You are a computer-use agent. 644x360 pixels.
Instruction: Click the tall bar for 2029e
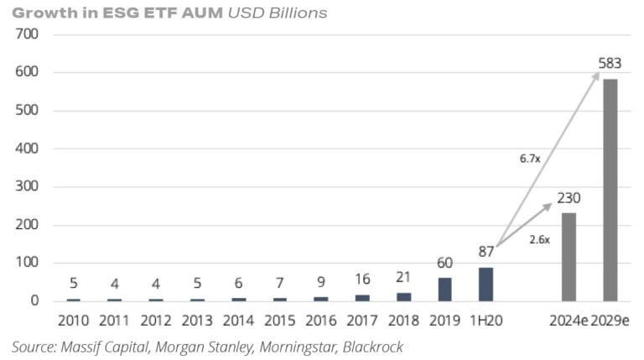click(x=610, y=190)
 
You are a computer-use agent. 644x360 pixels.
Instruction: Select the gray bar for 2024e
click(x=569, y=256)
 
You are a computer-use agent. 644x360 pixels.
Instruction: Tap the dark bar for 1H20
click(x=486, y=284)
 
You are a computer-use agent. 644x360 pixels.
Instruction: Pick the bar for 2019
click(x=445, y=289)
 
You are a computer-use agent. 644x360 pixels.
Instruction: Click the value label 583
click(x=610, y=64)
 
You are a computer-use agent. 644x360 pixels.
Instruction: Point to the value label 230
click(x=569, y=198)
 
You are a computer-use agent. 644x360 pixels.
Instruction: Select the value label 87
click(x=486, y=251)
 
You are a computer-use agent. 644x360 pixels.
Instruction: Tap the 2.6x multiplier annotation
click(x=540, y=239)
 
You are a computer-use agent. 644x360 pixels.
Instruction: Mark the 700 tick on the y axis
click(x=28, y=34)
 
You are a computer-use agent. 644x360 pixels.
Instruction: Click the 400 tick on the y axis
click(x=28, y=149)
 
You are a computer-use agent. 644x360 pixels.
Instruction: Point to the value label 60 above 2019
click(x=445, y=263)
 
